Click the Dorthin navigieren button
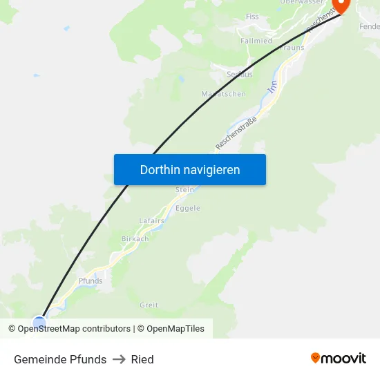(x=190, y=169)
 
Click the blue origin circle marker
(x=39, y=322)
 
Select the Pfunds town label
(x=91, y=281)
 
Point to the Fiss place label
(x=253, y=17)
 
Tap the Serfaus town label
(x=240, y=74)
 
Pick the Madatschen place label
(x=223, y=94)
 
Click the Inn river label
(x=272, y=87)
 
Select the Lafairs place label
(x=151, y=220)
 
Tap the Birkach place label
(x=135, y=239)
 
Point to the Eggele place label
(x=188, y=208)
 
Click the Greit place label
(x=149, y=305)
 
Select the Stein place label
(x=185, y=189)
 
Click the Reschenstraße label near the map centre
(x=236, y=133)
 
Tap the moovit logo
(x=339, y=359)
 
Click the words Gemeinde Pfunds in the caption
(x=60, y=359)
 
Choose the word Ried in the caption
(x=142, y=359)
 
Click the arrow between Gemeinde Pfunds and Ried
(x=119, y=359)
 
